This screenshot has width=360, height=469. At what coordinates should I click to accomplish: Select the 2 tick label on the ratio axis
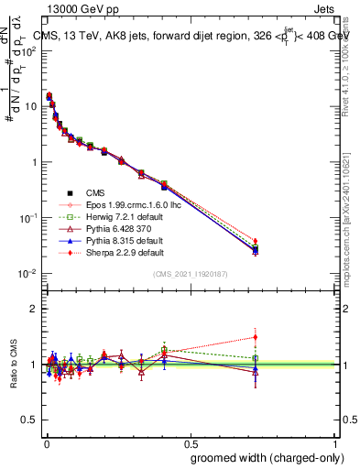pos(33,309)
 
